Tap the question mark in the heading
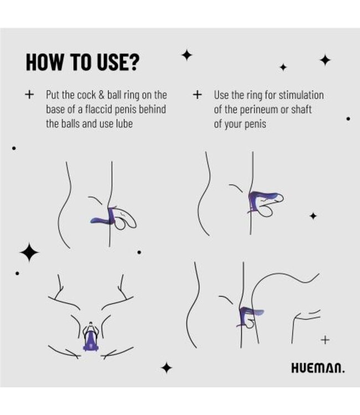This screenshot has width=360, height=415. point(133,62)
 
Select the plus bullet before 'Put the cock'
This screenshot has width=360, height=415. point(29,95)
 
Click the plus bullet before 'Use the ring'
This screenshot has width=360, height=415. point(197,95)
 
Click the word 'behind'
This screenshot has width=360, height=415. point(153,109)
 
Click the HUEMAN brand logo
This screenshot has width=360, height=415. point(317,367)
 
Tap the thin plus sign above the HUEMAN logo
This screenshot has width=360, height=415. point(325,340)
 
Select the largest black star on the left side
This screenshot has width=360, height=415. point(29,253)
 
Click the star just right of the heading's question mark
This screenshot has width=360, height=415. point(187,55)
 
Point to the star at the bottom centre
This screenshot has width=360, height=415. point(166,367)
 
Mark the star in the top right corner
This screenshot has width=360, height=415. point(325,60)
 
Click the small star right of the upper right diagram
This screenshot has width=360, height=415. point(313,216)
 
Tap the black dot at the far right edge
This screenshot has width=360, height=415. point(348,118)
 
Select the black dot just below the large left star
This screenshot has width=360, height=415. point(18,273)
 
